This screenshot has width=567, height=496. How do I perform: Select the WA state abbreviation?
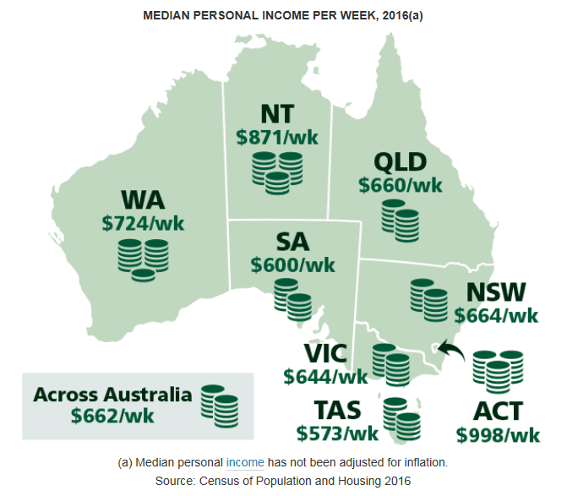coord(143,201)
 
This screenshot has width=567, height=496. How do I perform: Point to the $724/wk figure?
coord(143,223)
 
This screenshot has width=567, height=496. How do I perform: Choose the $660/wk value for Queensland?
coord(400,184)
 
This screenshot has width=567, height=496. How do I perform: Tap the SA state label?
coord(292,242)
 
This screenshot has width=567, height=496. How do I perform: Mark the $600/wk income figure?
coord(292,264)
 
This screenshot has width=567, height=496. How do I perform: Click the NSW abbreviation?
coord(496,292)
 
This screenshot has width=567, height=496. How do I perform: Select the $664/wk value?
coord(496,315)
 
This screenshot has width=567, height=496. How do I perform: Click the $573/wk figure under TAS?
coord(337,433)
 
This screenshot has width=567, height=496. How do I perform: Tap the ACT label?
coord(498,412)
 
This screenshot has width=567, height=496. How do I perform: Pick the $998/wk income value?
coord(498,435)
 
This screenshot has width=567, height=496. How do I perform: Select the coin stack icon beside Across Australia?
coord(219,404)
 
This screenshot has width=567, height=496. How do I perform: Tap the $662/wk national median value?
coord(112,416)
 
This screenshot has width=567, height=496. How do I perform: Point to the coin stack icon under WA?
coord(142,257)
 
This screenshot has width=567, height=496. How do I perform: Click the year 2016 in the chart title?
coord(394,16)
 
